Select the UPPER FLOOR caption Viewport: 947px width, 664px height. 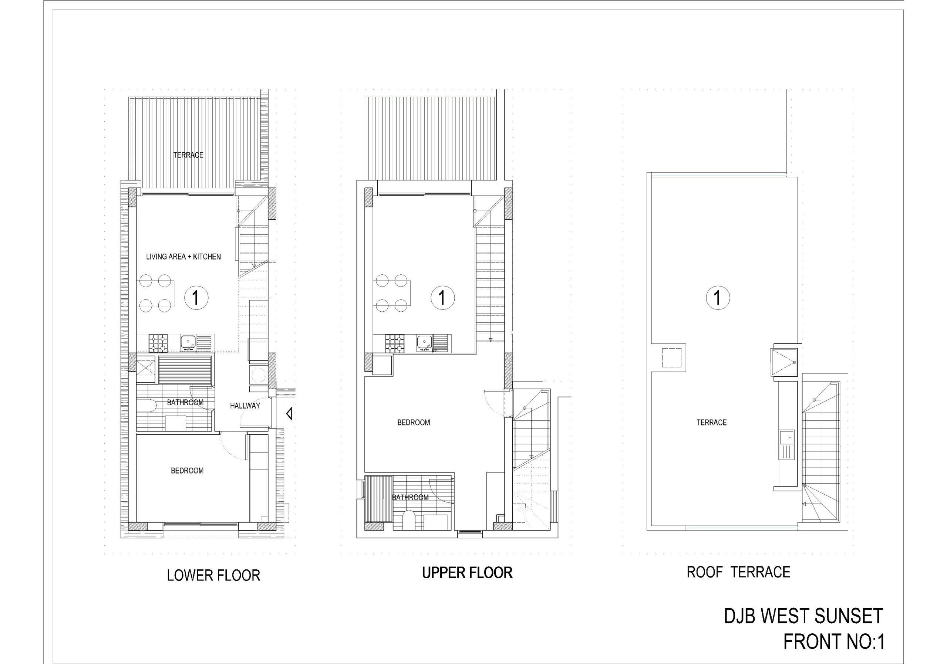[x=467, y=573]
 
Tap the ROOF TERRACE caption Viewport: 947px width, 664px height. [x=738, y=572]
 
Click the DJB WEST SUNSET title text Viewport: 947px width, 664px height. [x=803, y=616]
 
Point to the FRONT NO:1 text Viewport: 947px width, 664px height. [x=833, y=642]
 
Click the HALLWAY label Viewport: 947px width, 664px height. [x=245, y=406]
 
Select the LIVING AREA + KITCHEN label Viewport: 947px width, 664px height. [x=183, y=256]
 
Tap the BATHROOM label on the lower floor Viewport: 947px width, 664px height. [x=185, y=402]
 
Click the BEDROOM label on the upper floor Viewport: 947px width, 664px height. [x=413, y=423]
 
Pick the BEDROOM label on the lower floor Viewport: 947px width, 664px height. [x=187, y=470]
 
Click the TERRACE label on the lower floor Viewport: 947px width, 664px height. [x=188, y=155]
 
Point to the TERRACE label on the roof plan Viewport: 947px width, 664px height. [x=711, y=423]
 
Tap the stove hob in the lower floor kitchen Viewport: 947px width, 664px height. [x=158, y=343]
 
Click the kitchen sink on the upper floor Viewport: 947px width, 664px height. [x=424, y=342]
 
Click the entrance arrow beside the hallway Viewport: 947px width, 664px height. [x=290, y=413]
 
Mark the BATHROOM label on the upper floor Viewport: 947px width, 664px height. [x=410, y=498]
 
